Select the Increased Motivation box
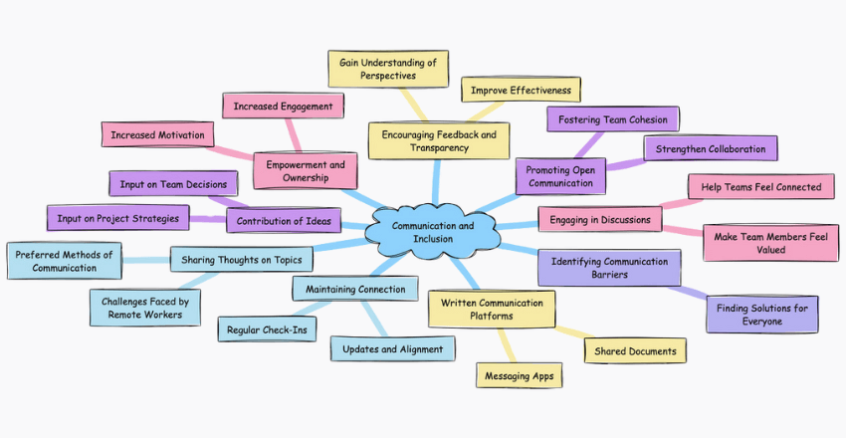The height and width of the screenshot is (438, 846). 157,134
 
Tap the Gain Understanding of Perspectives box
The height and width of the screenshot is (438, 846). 388,69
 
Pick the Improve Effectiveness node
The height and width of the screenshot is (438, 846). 521,90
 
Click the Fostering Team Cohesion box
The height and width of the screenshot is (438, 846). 613,119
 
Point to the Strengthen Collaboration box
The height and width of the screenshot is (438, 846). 710,148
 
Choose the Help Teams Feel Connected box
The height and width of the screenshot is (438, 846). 760,186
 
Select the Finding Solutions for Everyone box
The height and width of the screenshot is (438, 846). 762,314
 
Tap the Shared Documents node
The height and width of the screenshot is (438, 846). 635,350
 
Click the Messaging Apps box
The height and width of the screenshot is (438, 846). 519,376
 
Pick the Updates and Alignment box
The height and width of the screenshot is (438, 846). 393,348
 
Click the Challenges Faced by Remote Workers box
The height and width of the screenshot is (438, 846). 145,307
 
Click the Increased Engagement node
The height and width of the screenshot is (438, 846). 284,105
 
